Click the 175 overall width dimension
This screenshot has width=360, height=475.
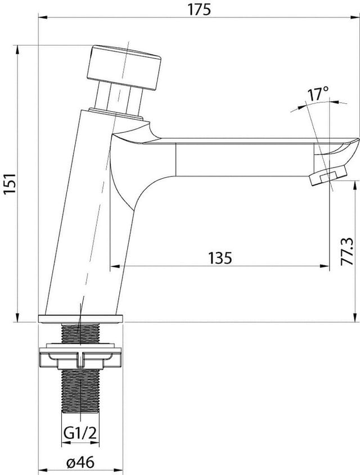click(199, 10)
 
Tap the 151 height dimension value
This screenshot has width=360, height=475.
click(10, 184)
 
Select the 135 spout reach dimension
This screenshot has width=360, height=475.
click(220, 258)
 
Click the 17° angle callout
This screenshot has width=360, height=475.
click(318, 94)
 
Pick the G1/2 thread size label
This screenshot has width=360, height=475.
click(80, 433)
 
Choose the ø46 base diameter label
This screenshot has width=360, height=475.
click(80, 462)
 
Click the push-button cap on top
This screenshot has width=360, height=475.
click(124, 68)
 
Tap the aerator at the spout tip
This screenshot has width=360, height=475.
click(328, 175)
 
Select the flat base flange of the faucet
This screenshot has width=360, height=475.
click(80, 319)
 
